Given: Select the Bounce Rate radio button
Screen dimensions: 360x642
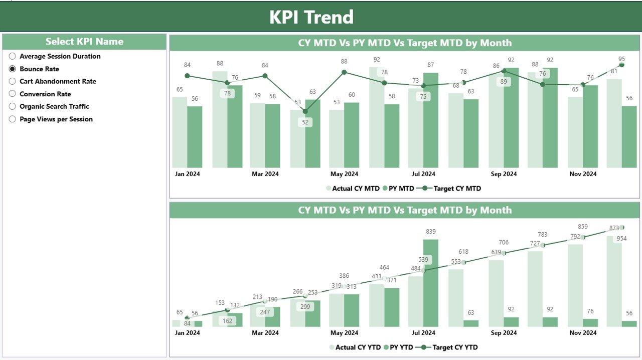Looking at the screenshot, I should (13, 69).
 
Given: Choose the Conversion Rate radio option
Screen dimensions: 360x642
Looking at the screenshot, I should (13, 94).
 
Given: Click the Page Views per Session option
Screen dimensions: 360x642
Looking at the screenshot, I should (56, 119).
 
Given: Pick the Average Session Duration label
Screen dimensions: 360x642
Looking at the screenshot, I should (60, 56).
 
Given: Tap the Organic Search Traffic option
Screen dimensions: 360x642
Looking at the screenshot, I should (54, 106).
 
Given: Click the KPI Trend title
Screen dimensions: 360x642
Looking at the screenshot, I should (311, 17).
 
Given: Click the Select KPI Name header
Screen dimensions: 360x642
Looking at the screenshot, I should (84, 42).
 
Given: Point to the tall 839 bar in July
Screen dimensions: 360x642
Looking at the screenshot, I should (430, 283).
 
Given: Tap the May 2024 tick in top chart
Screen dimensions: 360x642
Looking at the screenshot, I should (344, 174).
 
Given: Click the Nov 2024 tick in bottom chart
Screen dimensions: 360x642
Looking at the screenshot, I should (582, 332).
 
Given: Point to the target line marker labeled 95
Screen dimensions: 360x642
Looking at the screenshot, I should (622, 65).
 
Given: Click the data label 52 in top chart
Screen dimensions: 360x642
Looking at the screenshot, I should (305, 122).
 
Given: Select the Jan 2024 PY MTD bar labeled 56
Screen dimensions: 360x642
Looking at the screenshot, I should (195, 137).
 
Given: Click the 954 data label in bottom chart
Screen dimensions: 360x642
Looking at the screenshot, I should (621, 238).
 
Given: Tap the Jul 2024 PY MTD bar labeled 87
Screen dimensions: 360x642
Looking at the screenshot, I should (430, 120).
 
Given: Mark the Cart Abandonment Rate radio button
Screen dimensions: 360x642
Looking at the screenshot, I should (13, 81).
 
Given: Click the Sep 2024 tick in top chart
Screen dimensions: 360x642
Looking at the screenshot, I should (503, 174).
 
